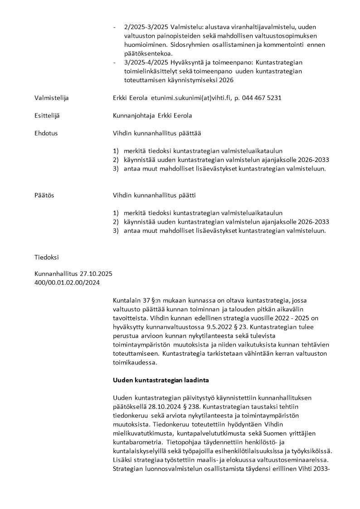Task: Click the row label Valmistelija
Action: click(52, 98)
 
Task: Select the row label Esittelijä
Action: click(47, 115)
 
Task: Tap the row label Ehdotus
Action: click(46, 133)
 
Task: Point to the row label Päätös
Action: click(44, 195)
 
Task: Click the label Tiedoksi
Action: click(47, 257)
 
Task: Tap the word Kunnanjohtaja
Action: click(134, 115)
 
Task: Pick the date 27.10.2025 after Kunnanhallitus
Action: click(96, 274)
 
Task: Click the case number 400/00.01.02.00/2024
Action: click(67, 283)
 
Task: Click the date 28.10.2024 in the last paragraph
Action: click(157, 406)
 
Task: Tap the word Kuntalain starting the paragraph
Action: click(127, 300)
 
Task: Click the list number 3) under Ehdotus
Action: click(116, 169)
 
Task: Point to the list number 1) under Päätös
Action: click(116, 213)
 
